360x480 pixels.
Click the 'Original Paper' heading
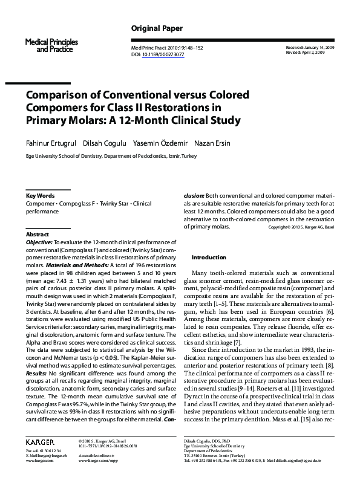pyautogui.click(x=157, y=28)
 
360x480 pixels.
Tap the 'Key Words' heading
pyautogui.click(x=40, y=196)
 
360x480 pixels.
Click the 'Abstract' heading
pyautogui.click(x=37, y=234)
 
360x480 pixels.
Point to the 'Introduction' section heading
pyautogui.click(x=208, y=257)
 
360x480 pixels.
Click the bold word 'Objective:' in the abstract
pyautogui.click(x=39, y=242)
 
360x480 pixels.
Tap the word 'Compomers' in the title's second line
pyautogui.click(x=60, y=108)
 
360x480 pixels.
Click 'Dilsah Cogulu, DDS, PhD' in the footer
pyautogui.click(x=208, y=443)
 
